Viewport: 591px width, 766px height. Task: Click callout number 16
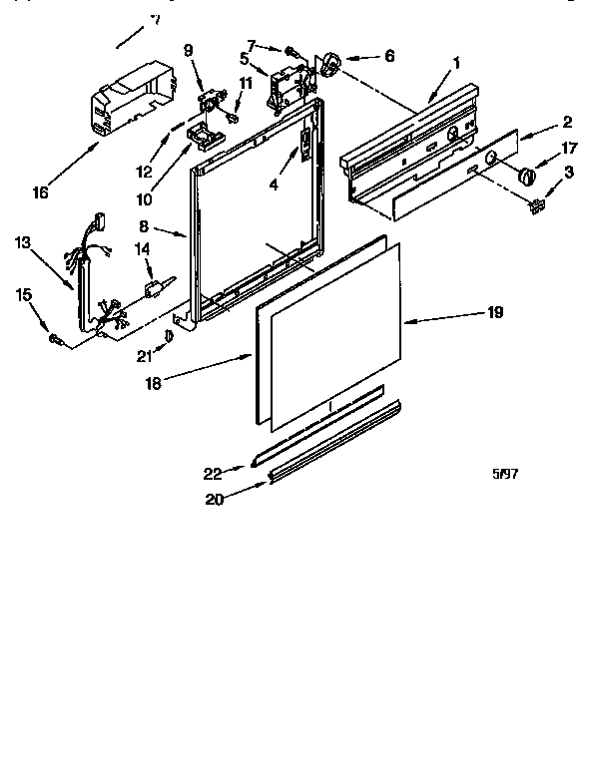tap(40, 192)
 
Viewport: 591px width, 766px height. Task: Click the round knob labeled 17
tap(527, 176)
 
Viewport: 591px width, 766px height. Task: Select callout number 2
tap(566, 123)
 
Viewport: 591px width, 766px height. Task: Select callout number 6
tap(389, 57)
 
